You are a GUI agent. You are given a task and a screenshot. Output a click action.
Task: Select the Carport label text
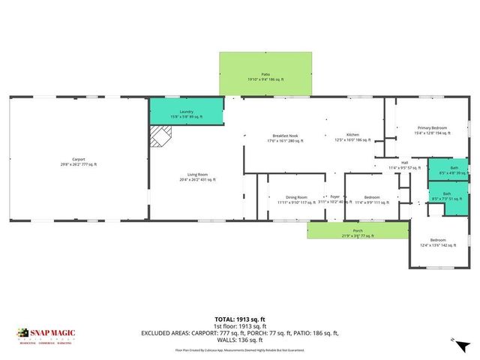79,160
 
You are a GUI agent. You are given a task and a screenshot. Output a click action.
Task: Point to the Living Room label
197,177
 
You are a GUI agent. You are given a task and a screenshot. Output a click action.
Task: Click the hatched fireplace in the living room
160,136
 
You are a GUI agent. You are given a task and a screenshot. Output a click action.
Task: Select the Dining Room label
292,199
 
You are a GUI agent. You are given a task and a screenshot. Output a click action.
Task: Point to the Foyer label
334,198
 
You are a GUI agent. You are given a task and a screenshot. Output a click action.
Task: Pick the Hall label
403,164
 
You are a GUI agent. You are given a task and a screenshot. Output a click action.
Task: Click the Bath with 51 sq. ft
446,196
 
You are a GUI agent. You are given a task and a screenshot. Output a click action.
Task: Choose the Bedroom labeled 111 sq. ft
373,199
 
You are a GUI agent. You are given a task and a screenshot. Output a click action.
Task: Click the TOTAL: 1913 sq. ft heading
240,319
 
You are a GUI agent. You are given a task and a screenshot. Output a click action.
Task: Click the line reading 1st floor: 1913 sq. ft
240,326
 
